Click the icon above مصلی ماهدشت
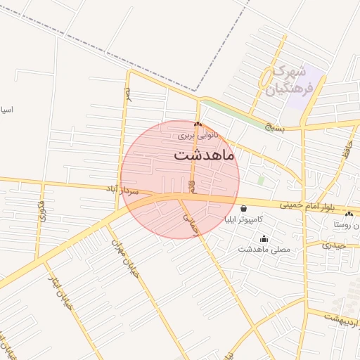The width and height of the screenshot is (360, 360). pos(264,238)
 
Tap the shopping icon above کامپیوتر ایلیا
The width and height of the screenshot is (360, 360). pos(243,208)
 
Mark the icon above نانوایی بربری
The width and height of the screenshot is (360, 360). pos(198,124)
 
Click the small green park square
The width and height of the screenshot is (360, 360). pos(262,181)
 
